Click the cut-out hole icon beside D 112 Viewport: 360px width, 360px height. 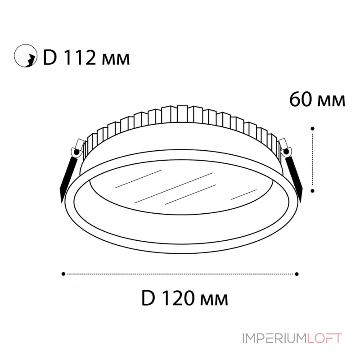[x=25, y=57]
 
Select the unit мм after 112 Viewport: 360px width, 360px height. [x=116, y=59]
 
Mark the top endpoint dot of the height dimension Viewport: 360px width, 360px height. [x=312, y=128]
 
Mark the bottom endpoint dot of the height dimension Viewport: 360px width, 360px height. [x=312, y=190]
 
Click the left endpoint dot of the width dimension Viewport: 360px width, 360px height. [x=63, y=273]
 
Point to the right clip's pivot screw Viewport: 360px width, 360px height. [x=285, y=151]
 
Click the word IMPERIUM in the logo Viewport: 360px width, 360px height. [x=274, y=338]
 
